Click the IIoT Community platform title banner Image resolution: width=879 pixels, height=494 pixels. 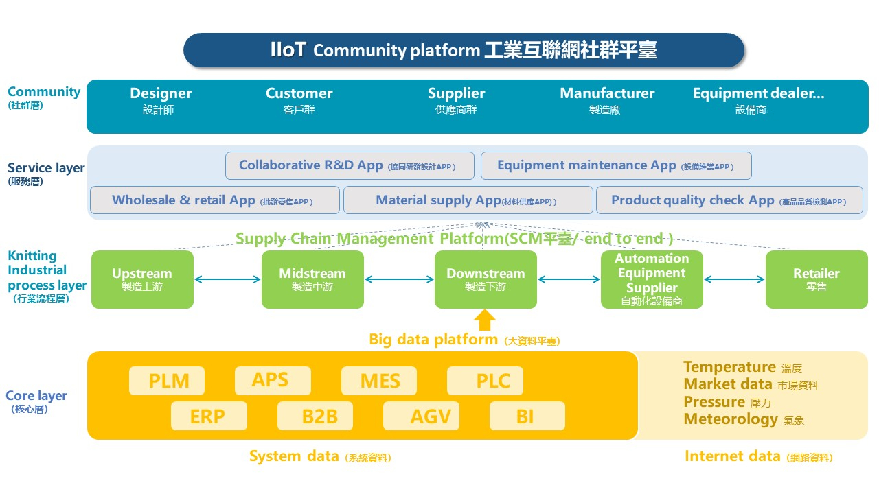pyautogui.click(x=464, y=50)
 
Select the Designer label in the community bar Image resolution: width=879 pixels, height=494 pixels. pyautogui.click(x=161, y=94)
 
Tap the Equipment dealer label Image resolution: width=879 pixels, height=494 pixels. pyautogui.click(x=758, y=94)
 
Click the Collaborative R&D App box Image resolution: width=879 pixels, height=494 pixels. pyautogui.click(x=350, y=165)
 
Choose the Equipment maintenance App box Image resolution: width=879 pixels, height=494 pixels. pyautogui.click(x=616, y=165)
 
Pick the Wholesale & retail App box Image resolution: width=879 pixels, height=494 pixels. pyautogui.click(x=215, y=200)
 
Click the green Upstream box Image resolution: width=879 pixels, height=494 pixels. pyautogui.click(x=142, y=279)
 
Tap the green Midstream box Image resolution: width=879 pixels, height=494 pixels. pyautogui.click(x=312, y=279)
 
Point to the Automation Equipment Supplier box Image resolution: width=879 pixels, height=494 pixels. pyautogui.click(x=652, y=279)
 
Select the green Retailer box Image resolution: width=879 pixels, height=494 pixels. pyautogui.click(x=816, y=279)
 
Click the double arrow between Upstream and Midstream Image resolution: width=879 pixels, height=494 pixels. pyautogui.click(x=228, y=279)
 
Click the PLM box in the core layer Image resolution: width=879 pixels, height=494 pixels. pyautogui.click(x=168, y=381)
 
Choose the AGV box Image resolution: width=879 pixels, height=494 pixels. pyautogui.click(x=420, y=416)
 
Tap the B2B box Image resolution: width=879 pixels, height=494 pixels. pyautogui.click(x=315, y=416)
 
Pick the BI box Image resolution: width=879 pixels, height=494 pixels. pyautogui.click(x=527, y=416)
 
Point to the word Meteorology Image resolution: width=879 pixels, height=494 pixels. pyautogui.click(x=731, y=419)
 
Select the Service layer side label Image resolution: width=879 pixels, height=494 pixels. pyautogui.click(x=46, y=168)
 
